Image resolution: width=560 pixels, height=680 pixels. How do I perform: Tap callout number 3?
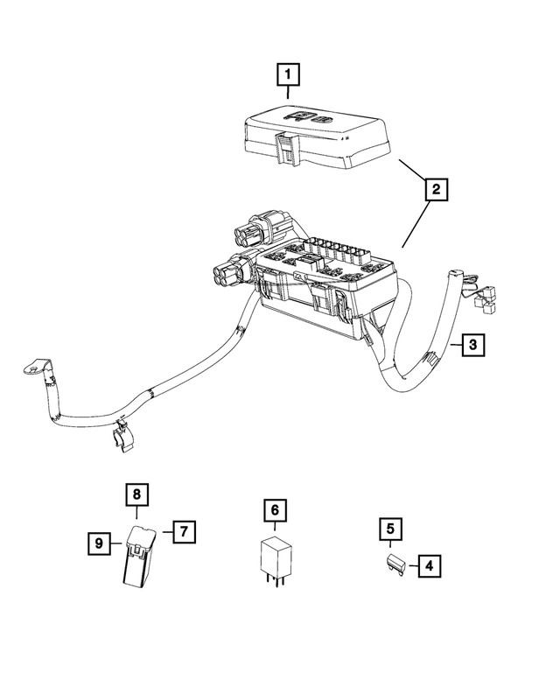[x=472, y=345]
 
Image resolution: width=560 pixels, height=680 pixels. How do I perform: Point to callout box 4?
[x=429, y=566]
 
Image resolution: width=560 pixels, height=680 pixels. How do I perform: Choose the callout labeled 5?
[x=390, y=529]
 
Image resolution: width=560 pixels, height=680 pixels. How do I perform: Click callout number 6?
[x=274, y=510]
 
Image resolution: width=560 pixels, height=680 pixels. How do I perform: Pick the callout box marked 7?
[x=184, y=531]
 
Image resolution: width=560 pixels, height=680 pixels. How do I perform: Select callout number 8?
[x=136, y=494]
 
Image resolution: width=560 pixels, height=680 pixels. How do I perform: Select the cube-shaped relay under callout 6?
[x=275, y=556]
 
